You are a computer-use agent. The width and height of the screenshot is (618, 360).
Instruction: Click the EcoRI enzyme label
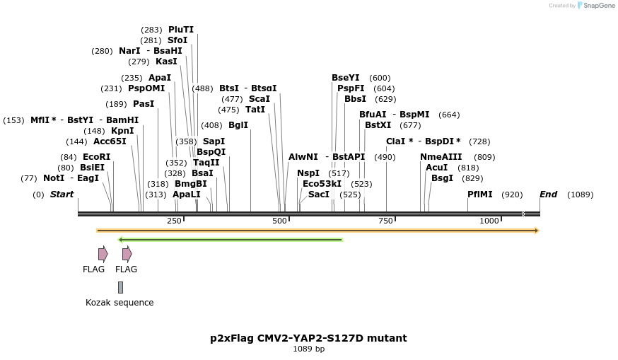[x=97, y=157]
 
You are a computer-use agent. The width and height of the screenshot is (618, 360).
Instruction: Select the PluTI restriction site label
[x=181, y=30]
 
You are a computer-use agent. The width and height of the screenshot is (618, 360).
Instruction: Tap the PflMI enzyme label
[x=480, y=194]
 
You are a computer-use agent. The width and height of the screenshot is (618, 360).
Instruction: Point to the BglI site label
[x=238, y=125]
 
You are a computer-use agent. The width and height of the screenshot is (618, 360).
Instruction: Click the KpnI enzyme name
[x=122, y=131]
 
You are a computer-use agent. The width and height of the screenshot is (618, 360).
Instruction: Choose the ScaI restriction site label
[x=260, y=98]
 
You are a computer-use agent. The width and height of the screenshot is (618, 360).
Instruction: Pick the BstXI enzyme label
[x=378, y=125]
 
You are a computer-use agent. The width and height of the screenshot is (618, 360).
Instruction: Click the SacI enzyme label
[x=319, y=194]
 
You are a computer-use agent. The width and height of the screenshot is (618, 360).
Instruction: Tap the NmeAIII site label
[x=441, y=157]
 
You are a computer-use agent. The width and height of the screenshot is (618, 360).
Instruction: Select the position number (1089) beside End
[x=580, y=194]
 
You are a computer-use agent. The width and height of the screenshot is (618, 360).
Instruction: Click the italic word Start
[x=62, y=194]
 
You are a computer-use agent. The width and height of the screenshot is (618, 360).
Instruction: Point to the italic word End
[x=548, y=194]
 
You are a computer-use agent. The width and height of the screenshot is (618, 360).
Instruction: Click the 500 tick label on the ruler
[x=279, y=221]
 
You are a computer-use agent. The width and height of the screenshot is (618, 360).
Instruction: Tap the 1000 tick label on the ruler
[x=489, y=221]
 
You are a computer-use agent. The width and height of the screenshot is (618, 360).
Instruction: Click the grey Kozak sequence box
[x=121, y=287]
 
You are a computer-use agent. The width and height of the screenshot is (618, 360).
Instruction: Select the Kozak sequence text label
[x=119, y=303]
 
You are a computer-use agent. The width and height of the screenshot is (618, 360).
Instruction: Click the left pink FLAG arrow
[x=103, y=254]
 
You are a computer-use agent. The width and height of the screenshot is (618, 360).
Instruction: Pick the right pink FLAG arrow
[x=127, y=254]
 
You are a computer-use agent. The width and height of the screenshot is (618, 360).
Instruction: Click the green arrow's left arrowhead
[x=119, y=240]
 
